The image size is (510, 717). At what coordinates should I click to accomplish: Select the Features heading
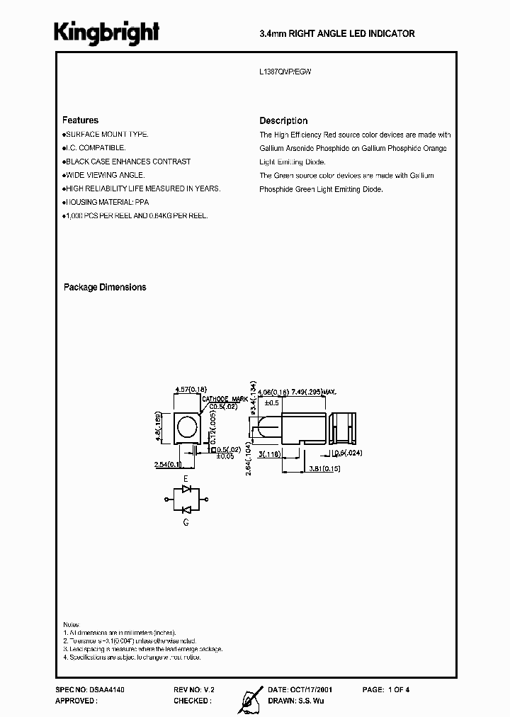(x=80, y=120)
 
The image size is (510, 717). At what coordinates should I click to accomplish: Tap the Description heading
(x=283, y=120)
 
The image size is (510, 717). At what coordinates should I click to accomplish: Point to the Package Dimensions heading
(x=105, y=287)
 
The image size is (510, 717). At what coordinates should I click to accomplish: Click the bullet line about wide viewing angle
(x=104, y=175)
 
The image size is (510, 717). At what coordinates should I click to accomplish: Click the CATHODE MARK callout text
(x=223, y=400)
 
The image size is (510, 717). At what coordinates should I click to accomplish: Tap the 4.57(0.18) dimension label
(x=190, y=390)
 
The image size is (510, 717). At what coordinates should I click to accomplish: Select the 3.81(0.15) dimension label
(x=325, y=469)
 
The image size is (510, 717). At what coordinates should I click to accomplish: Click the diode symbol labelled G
(x=186, y=509)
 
